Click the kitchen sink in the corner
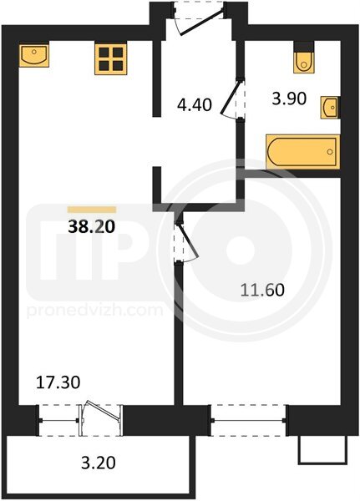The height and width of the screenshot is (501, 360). pyautogui.click(x=34, y=55)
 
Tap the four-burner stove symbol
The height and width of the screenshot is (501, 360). pyautogui.click(x=110, y=59)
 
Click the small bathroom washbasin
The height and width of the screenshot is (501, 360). pyautogui.click(x=330, y=108)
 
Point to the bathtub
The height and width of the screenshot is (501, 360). pyautogui.click(x=302, y=151)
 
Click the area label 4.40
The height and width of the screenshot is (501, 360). pyautogui.click(x=195, y=105)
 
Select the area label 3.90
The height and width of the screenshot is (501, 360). pyautogui.click(x=289, y=99)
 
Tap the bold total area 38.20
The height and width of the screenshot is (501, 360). pyautogui.click(x=92, y=227)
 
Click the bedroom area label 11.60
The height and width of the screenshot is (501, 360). pyautogui.click(x=262, y=290)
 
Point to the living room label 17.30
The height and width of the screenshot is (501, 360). pyautogui.click(x=58, y=382)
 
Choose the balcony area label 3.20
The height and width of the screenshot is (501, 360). pyautogui.click(x=99, y=463)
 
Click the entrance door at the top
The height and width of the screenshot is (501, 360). pyautogui.click(x=200, y=18)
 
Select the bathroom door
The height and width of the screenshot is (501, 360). pyautogui.click(x=233, y=99)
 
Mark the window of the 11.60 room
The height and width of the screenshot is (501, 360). pyautogui.click(x=248, y=420)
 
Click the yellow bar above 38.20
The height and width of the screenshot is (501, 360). pyautogui.click(x=92, y=210)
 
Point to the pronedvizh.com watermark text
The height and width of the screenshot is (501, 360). pyautogui.click(x=95, y=310)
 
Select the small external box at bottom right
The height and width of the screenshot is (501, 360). pyautogui.click(x=322, y=450)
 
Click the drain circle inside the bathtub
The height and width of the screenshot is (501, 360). pyautogui.click(x=330, y=152)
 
